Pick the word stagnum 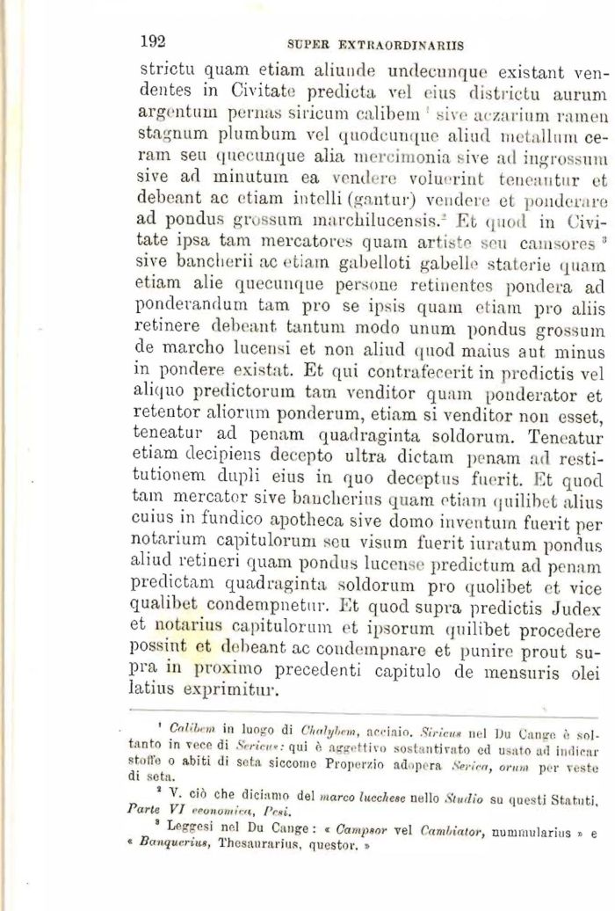[x=170, y=137]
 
